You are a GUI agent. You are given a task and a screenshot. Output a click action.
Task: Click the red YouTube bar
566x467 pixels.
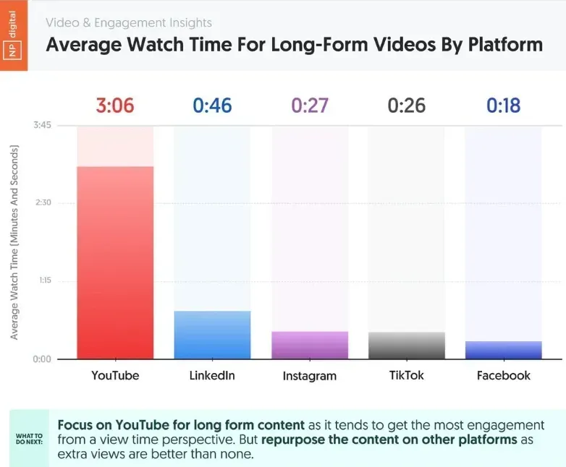(114, 262)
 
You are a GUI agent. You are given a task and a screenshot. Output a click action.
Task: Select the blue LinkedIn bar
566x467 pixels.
(212, 335)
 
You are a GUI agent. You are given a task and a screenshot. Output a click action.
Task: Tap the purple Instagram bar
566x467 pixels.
(310, 345)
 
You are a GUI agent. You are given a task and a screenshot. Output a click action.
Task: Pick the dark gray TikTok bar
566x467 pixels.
(406, 346)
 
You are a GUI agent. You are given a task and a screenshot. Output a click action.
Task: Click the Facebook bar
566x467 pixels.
(503, 350)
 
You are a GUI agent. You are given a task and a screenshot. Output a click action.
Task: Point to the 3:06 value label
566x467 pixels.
(114, 106)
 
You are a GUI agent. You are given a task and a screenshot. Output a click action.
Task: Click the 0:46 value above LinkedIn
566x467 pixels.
(212, 106)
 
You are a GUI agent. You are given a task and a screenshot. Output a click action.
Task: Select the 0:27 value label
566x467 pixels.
(310, 106)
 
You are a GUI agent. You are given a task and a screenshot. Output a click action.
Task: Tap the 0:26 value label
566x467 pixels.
(406, 106)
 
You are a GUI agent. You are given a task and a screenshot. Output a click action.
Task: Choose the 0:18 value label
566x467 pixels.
(503, 106)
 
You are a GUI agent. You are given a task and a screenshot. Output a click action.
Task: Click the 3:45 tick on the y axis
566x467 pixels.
(41, 125)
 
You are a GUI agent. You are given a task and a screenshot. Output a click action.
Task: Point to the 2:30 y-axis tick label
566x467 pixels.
(41, 202)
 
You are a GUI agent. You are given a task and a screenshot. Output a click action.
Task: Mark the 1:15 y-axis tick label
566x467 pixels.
(41, 281)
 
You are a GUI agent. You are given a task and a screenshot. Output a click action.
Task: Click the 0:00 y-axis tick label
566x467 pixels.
(41, 359)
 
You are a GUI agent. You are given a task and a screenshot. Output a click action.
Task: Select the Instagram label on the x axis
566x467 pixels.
(310, 376)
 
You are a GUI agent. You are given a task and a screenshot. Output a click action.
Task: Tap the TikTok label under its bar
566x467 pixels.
(406, 375)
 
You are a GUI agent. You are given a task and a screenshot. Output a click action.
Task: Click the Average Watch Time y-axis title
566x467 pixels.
(14, 242)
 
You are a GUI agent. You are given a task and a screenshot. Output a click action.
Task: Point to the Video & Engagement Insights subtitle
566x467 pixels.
(129, 23)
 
